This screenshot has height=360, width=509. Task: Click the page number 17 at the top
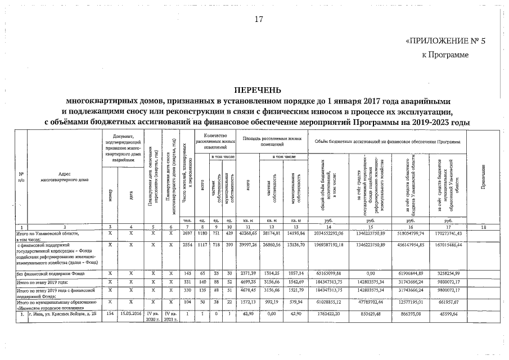point(259,20)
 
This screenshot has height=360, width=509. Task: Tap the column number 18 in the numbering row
point(484,227)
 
